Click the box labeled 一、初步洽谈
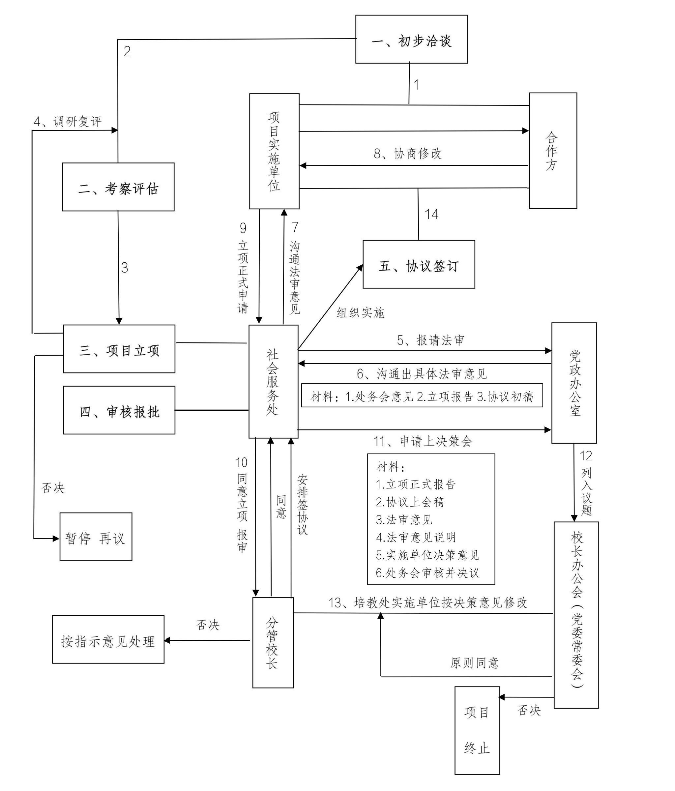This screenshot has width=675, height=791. coord(411,39)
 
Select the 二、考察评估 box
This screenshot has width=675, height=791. coord(118,187)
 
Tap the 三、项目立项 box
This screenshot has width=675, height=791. coord(119,349)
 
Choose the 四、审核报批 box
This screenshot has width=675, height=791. coord(119,410)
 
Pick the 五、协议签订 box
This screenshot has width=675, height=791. coord(419,265)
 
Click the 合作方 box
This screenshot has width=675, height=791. coord(552,151)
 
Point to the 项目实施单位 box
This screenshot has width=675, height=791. coord(274,151)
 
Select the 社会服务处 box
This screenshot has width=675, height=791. coord(273,381)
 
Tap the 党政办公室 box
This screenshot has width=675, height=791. coord(574,383)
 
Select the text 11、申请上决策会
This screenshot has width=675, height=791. coord(423,441)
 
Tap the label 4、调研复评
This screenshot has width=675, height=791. coord(68,122)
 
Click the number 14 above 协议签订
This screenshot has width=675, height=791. coord(431,214)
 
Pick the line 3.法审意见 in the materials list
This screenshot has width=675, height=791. coord(404,519)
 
